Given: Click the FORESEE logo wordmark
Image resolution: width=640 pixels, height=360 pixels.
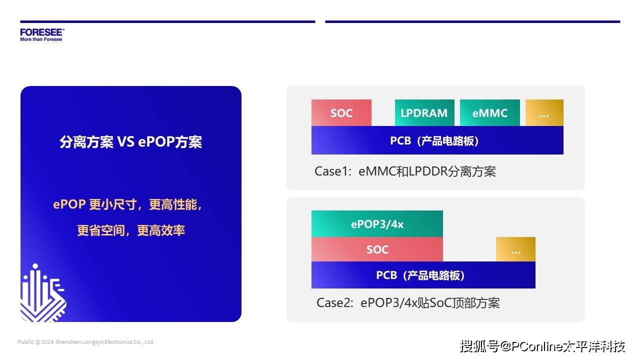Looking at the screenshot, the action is pyautogui.click(x=42, y=32).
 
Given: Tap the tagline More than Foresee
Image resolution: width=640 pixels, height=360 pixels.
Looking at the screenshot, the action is pyautogui.click(x=41, y=39).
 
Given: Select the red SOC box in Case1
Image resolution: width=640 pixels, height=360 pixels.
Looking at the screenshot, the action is pyautogui.click(x=341, y=112).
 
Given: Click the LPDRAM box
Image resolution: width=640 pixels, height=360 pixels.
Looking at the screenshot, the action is pyautogui.click(x=424, y=112).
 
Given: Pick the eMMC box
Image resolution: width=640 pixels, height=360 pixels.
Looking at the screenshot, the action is pyautogui.click(x=489, y=112).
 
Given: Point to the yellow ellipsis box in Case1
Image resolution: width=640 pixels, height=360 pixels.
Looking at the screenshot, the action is pyautogui.click(x=544, y=112).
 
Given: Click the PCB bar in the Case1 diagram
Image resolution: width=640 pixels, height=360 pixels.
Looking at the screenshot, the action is pyautogui.click(x=437, y=140).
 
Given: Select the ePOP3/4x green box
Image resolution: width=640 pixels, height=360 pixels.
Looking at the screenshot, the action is pyautogui.click(x=377, y=223).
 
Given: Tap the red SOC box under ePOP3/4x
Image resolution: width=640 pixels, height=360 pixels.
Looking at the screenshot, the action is pyautogui.click(x=377, y=249).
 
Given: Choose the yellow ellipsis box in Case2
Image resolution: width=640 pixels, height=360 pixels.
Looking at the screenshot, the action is pyautogui.click(x=515, y=249).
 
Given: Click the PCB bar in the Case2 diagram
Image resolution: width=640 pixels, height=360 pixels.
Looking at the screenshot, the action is pyautogui.click(x=423, y=275).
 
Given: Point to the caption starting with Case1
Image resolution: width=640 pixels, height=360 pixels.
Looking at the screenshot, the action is pyautogui.click(x=405, y=171).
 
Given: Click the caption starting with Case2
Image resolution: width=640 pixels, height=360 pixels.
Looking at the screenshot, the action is pyautogui.click(x=408, y=303).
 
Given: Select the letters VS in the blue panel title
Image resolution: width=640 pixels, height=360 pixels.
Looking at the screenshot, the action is pyautogui.click(x=125, y=141).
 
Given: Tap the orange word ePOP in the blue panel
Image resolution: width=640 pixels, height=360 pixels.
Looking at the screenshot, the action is pyautogui.click(x=69, y=204).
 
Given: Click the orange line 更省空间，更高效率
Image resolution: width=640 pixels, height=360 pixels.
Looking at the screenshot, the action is pyautogui.click(x=131, y=230).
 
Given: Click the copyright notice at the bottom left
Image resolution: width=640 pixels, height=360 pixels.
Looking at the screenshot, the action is pyautogui.click(x=85, y=342).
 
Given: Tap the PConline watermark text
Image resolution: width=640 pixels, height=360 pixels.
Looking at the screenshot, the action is pyautogui.click(x=542, y=346).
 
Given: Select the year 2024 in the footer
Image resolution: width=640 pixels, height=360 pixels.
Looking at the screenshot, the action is pyautogui.click(x=47, y=342).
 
